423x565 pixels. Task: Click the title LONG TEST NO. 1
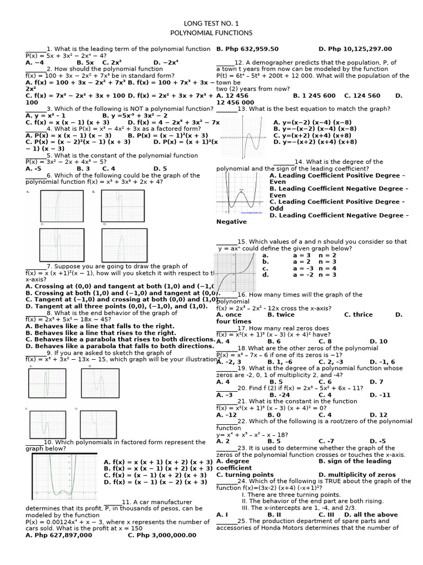click(x=211, y=24)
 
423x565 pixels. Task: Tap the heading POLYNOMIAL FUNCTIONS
click(x=211, y=33)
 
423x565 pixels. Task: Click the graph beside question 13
click(x=241, y=136)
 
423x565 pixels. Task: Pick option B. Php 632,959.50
click(x=247, y=49)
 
